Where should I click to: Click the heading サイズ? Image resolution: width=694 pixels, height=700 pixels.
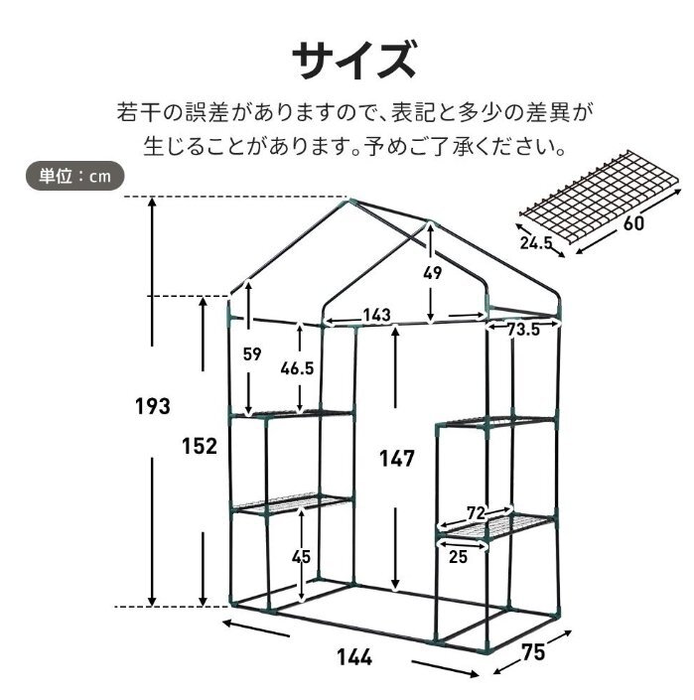point(353,60)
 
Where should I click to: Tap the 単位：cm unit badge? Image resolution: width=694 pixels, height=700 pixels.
point(74,176)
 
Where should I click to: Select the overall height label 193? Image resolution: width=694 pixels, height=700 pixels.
point(153,406)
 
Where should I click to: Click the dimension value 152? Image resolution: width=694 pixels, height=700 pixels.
point(199,446)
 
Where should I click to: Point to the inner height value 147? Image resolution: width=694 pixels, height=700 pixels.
point(397,459)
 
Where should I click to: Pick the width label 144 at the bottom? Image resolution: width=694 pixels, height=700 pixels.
point(353,657)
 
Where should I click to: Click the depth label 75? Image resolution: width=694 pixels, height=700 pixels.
point(533,652)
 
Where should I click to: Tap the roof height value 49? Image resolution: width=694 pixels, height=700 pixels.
point(432,273)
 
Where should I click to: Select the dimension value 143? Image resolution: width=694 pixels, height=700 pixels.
point(376,315)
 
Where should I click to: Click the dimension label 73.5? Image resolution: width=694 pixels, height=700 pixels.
point(523,330)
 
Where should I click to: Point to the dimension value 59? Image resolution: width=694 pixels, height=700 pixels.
point(252,354)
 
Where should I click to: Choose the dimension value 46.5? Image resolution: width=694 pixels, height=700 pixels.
point(297,368)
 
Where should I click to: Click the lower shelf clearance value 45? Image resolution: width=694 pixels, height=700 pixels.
point(301,557)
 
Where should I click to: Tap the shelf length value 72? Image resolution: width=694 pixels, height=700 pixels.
point(476,513)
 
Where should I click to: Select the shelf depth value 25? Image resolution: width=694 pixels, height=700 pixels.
point(458,557)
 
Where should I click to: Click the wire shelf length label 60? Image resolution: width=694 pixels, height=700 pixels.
point(633,222)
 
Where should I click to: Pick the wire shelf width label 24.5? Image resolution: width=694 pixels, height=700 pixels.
point(535,243)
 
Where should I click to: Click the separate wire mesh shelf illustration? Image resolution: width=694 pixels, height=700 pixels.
point(601,197)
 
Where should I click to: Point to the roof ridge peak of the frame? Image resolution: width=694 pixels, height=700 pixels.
point(351,201)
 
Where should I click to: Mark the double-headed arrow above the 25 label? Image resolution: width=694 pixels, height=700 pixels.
point(463,545)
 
